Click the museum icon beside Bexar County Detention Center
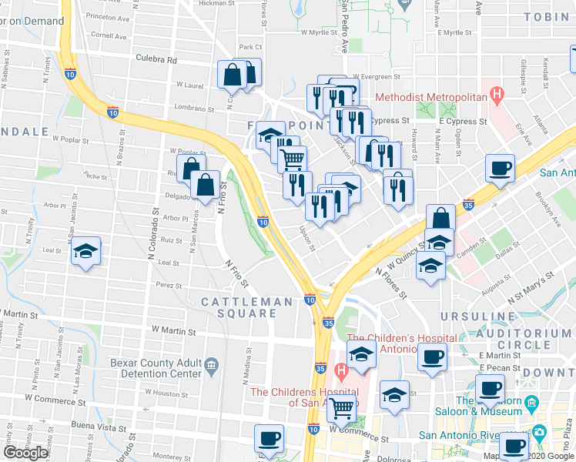pyautogui.click(x=212, y=364)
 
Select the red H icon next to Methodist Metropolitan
pyautogui.click(x=497, y=97)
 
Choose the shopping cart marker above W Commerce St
pyautogui.click(x=342, y=409)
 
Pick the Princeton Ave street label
pyautogui.click(x=108, y=15)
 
